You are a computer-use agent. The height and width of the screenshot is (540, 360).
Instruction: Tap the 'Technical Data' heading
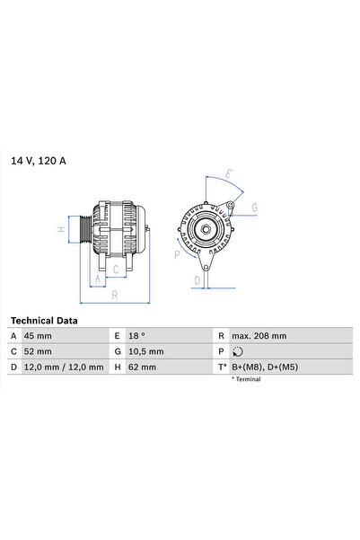click(44, 320)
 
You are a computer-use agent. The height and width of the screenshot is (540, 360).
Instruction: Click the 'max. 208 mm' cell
click(259, 336)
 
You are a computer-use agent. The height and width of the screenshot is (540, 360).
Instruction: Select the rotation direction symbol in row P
click(236, 351)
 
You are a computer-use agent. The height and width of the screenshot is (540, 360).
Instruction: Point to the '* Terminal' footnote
click(247, 380)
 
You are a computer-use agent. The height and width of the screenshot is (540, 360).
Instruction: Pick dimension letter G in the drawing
click(255, 208)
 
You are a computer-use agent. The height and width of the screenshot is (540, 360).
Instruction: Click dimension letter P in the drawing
click(177, 254)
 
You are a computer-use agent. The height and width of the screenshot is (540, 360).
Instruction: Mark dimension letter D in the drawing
click(197, 279)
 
